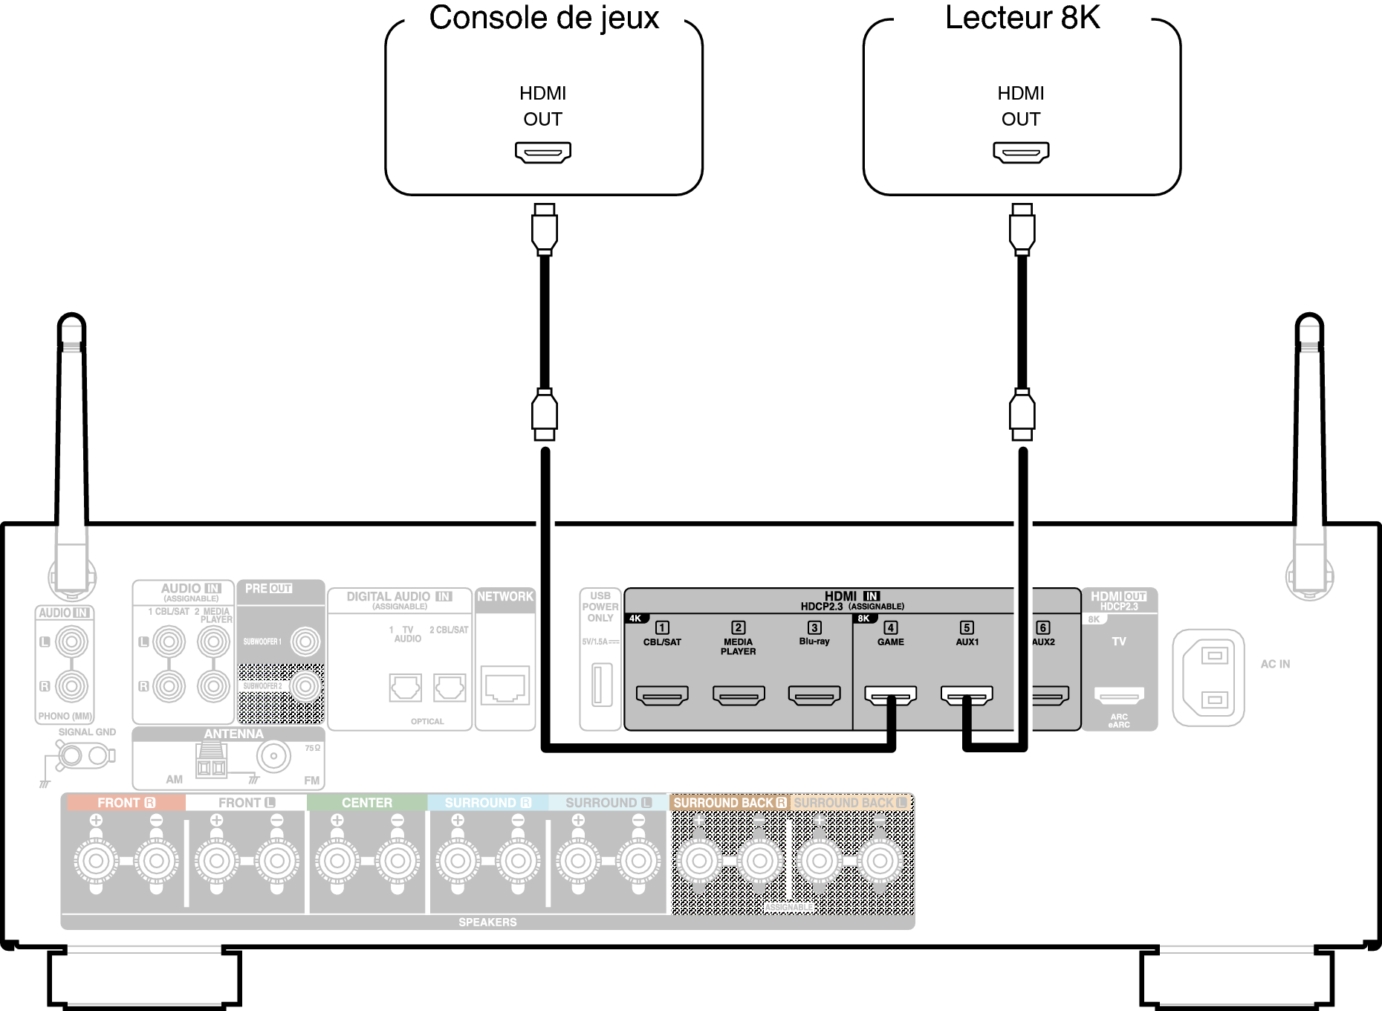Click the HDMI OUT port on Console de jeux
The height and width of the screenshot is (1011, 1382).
[x=543, y=152]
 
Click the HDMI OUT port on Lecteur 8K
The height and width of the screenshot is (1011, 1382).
[x=1021, y=152]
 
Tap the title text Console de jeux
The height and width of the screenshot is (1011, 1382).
[x=544, y=18]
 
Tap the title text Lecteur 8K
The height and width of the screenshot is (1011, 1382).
[x=1022, y=18]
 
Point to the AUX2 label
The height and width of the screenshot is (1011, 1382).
[x=1043, y=642]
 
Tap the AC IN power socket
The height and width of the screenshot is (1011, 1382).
[x=1208, y=677]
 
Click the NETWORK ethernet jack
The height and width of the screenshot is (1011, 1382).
[x=505, y=685]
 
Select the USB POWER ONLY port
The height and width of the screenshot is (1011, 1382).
[x=601, y=685]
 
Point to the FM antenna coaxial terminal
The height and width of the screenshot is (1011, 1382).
[x=273, y=756]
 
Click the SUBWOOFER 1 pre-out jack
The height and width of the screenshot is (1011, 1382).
[x=305, y=642]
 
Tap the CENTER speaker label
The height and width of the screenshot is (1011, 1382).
[x=366, y=803]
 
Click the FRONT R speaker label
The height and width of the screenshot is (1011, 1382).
[x=126, y=803]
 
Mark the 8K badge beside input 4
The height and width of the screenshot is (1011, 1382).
[x=863, y=618]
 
